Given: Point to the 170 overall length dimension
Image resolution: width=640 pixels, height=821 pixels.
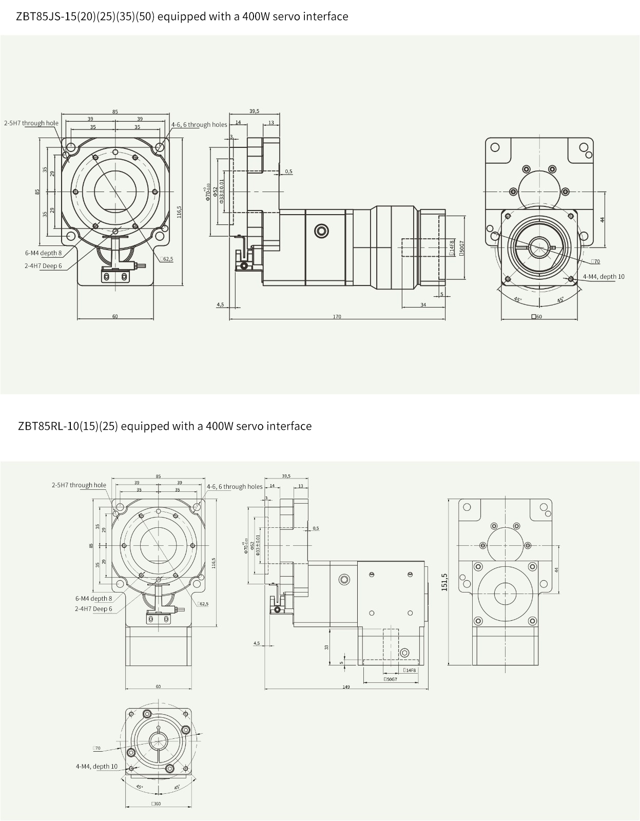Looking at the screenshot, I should (x=337, y=317).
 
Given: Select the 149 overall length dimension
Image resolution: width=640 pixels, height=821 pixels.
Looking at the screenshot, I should (x=346, y=686).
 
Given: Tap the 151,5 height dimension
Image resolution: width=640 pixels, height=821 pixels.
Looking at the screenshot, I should (x=444, y=582).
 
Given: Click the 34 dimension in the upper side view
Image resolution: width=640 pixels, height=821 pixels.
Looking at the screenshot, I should (x=423, y=305).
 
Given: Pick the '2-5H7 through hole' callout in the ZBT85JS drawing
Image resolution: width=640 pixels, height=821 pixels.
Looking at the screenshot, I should (x=31, y=123).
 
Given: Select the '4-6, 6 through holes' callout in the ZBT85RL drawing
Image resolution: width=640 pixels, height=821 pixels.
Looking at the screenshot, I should (x=235, y=487).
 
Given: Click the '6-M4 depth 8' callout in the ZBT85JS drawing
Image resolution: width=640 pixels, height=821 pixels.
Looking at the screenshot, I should (x=43, y=253).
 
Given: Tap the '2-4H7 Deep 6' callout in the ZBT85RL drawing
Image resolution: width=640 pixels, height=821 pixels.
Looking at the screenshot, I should (x=93, y=609).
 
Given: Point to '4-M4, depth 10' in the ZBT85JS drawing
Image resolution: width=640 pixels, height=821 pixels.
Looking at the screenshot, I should (x=604, y=277).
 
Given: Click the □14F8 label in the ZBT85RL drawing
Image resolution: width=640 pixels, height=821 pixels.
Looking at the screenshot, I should (x=410, y=670).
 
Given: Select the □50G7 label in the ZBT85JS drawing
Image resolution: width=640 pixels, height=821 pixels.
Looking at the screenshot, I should (x=461, y=249).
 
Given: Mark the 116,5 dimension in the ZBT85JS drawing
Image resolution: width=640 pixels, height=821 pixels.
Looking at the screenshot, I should (x=179, y=212).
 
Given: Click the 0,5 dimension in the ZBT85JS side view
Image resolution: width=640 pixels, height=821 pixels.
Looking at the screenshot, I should (x=289, y=171).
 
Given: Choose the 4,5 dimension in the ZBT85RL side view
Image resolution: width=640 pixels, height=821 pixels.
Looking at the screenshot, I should (x=257, y=643).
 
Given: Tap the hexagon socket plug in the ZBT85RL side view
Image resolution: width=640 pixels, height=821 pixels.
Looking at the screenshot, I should (x=405, y=653).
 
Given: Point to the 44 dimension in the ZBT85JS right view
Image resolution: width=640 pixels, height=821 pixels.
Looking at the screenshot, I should (x=603, y=219).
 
